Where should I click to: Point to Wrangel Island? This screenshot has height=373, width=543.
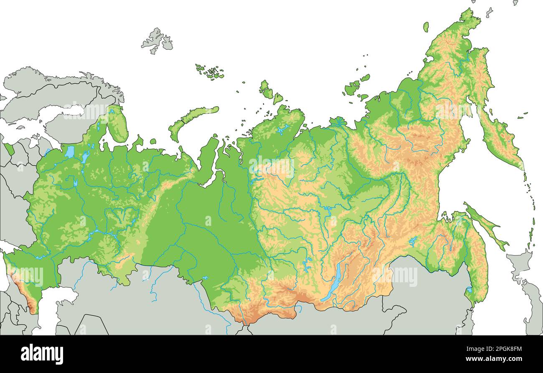426,27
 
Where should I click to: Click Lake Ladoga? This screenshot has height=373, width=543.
69,151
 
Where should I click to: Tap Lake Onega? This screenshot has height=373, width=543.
86,156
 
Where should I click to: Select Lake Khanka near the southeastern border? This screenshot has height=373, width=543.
469,290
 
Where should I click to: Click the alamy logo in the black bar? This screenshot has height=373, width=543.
42,354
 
